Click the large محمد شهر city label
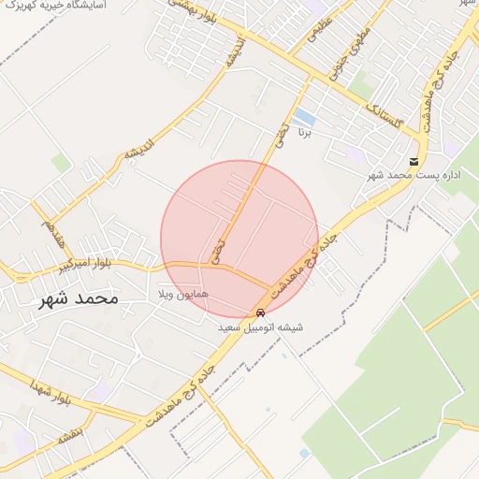79,299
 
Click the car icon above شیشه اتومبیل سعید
260,312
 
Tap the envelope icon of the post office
414,161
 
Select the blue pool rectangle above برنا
304,117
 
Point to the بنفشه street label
70,435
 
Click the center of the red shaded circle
239,239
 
